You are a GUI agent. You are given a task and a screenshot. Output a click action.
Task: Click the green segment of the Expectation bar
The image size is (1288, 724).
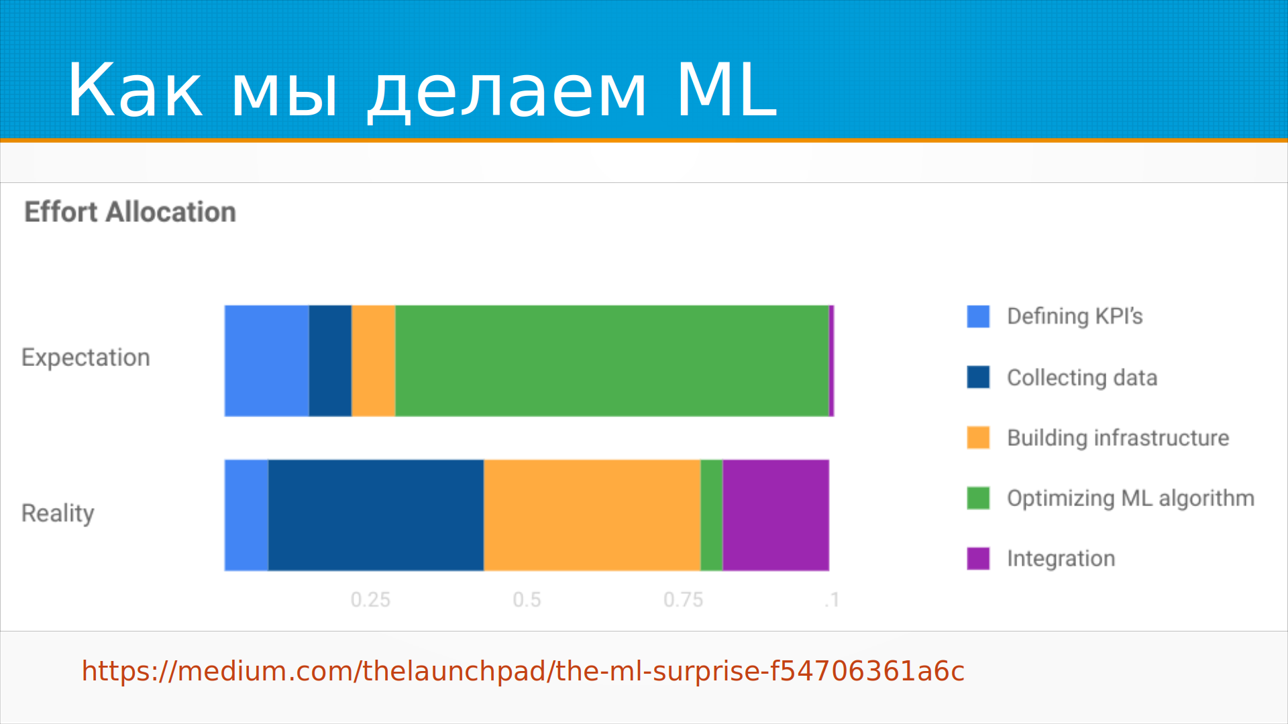pos(612,361)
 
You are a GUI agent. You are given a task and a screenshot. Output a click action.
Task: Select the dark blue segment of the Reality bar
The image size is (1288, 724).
pos(376,515)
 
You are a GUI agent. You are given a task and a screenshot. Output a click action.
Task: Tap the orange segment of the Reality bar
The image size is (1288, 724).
pos(592,515)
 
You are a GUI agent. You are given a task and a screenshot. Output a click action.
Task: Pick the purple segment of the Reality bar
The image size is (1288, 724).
pos(776,515)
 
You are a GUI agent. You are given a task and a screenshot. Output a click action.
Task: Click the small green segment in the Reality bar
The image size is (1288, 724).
pos(712,515)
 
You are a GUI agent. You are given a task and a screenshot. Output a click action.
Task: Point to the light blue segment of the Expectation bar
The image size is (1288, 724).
pos(267,361)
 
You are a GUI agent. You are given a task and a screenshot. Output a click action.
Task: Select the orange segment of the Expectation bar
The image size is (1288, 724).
pos(374,361)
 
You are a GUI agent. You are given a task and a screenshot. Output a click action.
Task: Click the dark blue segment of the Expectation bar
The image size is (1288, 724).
pos(330,361)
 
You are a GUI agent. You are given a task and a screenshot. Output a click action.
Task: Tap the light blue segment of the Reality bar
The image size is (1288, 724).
pos(246,515)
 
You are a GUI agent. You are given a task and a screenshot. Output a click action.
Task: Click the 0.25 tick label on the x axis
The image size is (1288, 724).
pos(370,599)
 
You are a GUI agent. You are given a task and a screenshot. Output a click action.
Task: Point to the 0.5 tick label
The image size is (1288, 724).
pos(527,599)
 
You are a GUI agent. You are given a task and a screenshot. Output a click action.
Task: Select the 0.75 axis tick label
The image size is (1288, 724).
pos(684,599)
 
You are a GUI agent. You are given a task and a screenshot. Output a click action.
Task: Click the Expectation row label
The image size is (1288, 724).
pos(86,358)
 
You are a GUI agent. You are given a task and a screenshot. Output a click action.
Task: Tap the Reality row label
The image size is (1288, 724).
pos(58,514)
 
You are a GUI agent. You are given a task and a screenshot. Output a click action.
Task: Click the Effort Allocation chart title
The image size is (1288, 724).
pos(130,212)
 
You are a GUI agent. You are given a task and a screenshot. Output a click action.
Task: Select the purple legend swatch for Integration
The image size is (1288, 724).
pos(978,558)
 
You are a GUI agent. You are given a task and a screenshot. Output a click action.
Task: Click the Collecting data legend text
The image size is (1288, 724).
pos(1082,378)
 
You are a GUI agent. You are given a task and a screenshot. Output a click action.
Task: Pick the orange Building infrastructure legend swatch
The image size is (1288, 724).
pos(978,437)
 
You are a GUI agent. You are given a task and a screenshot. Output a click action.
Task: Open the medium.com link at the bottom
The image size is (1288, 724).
pos(523,671)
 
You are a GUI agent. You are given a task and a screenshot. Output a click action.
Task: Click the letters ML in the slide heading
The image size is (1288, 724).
pos(727,90)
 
